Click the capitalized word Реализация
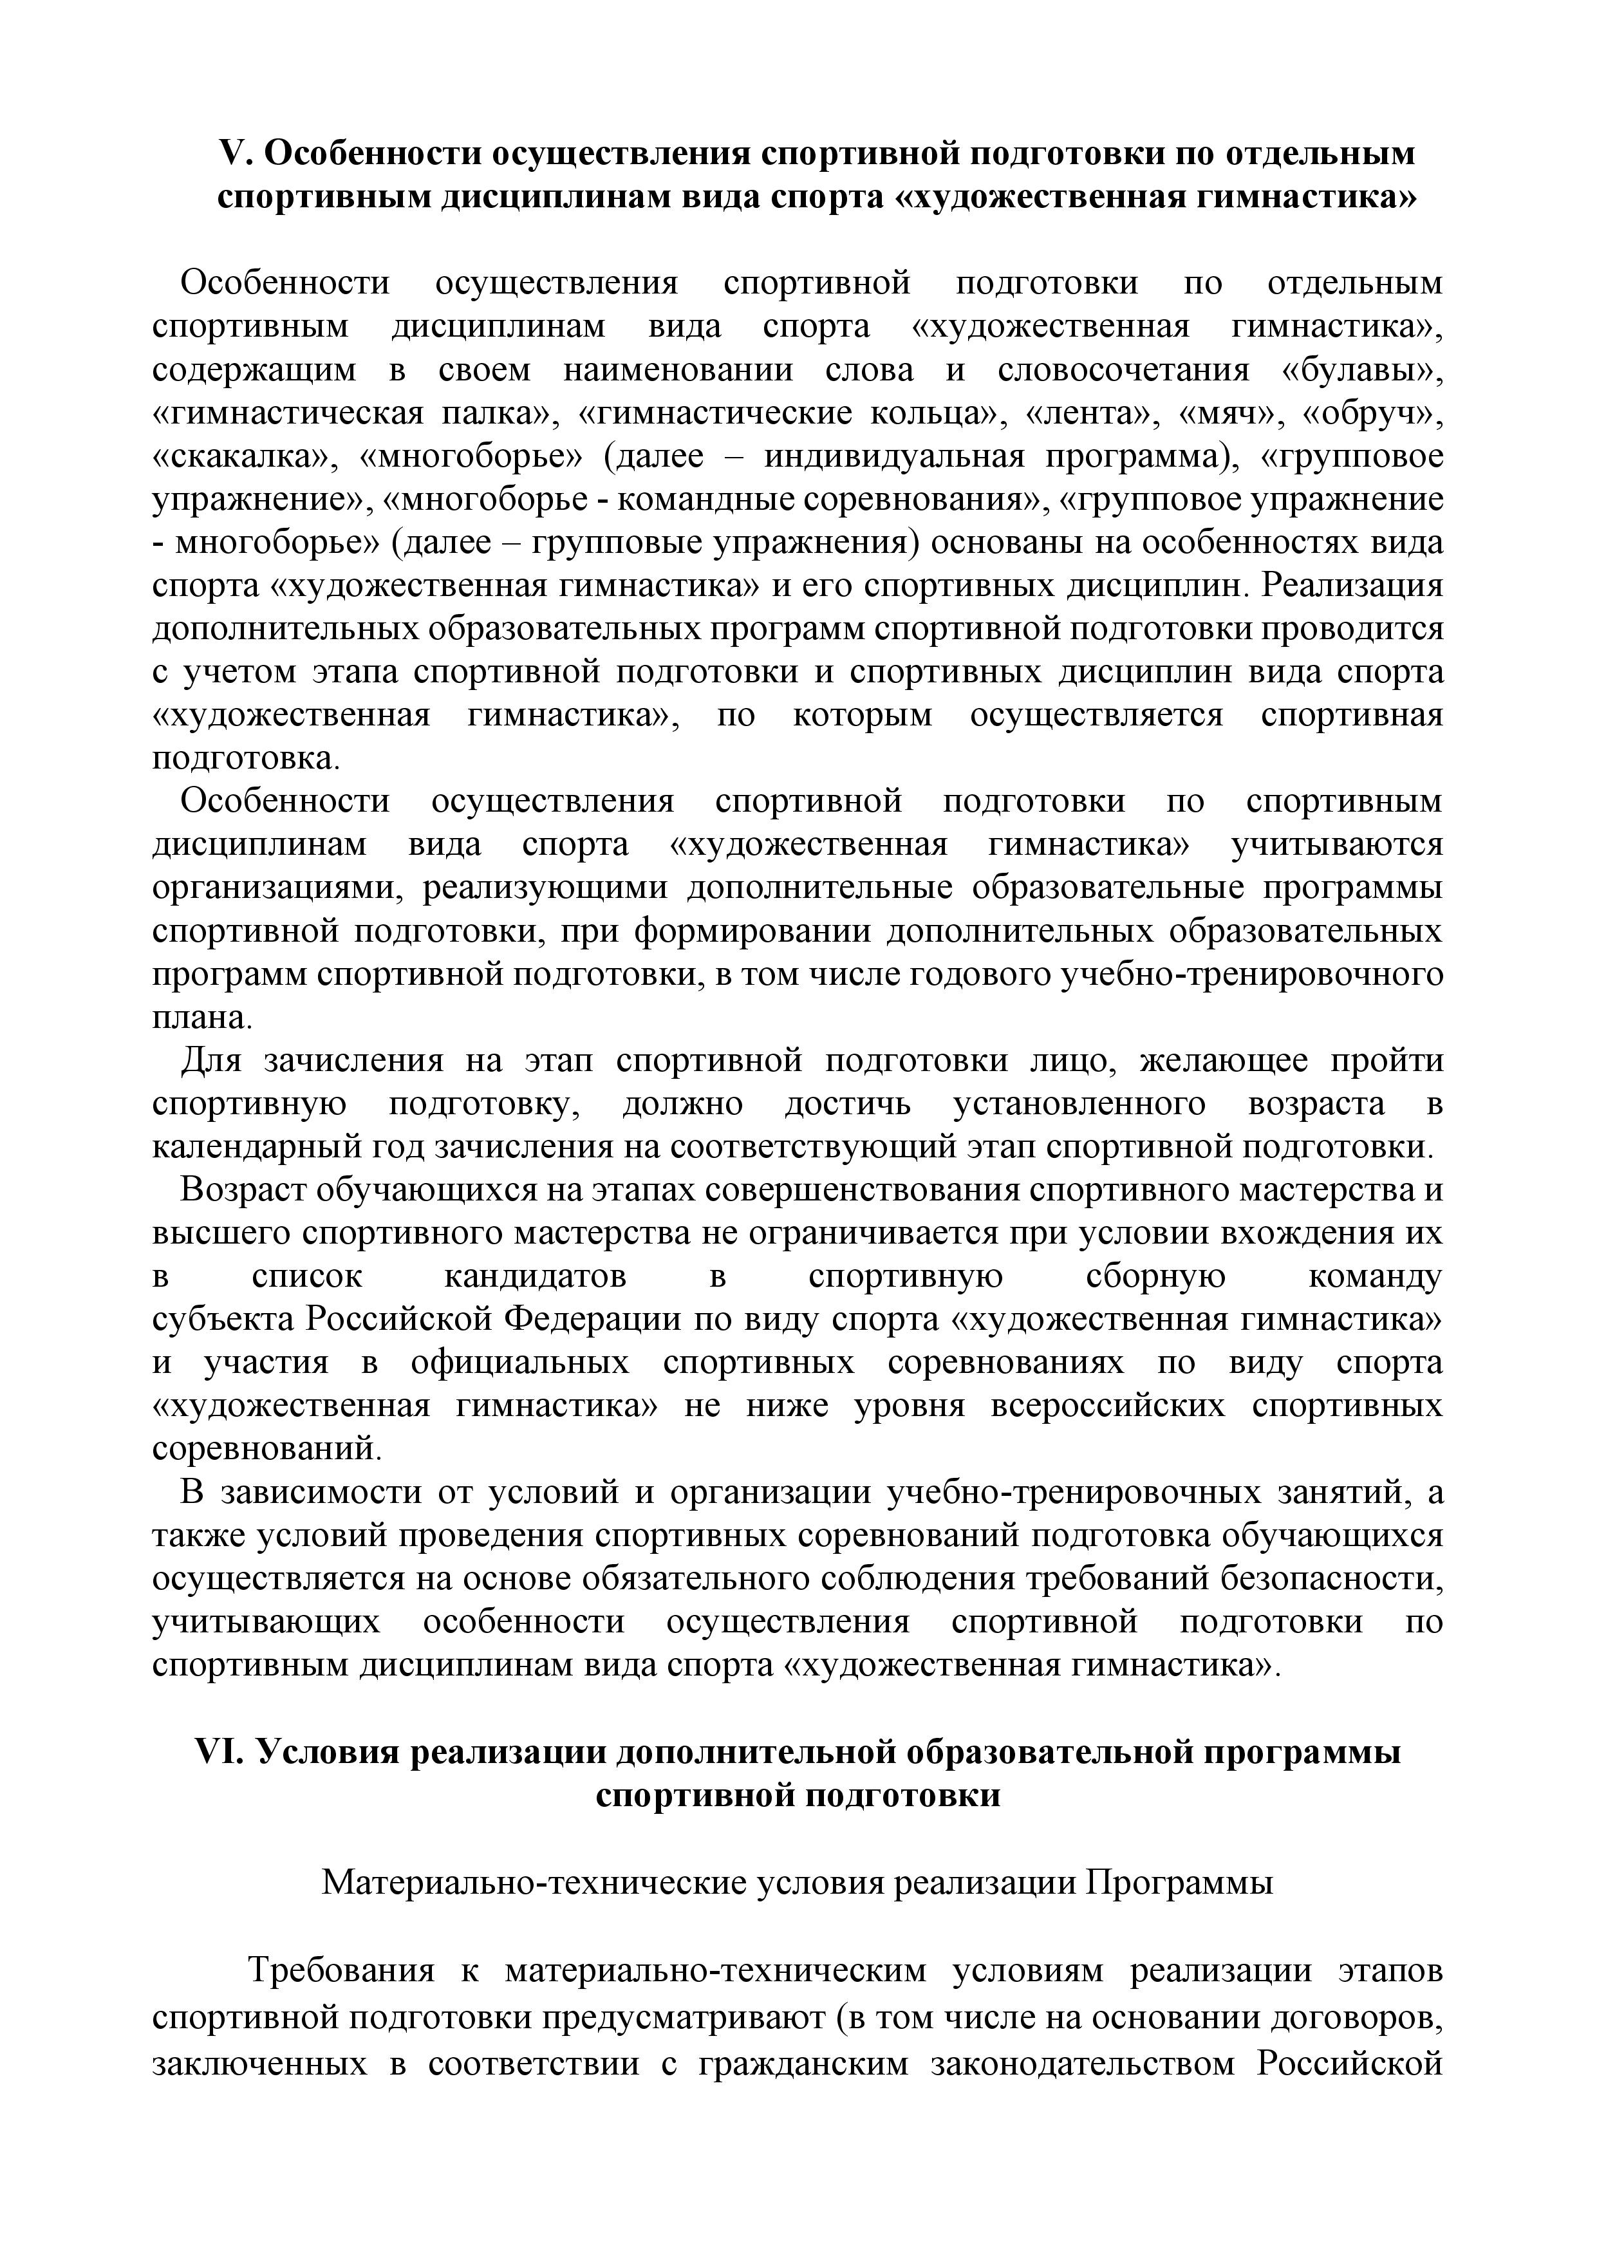click(1352, 587)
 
